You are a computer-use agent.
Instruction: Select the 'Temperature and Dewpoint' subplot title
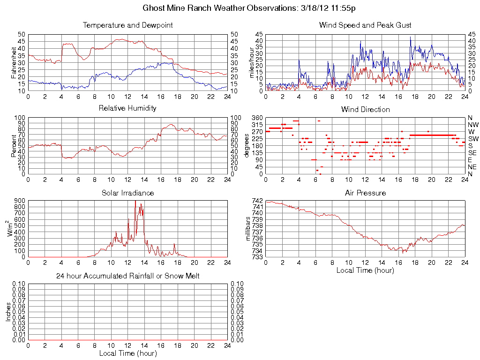127,25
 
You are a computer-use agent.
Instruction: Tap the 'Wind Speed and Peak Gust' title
365,25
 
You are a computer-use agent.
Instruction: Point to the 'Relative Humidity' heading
127,108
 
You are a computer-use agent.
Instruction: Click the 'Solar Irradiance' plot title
127,193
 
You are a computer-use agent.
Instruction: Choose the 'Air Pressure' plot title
365,193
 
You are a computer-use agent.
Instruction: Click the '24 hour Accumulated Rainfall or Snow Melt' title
127,276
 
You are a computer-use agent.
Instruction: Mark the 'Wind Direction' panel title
365,109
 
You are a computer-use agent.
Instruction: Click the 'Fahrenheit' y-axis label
14,62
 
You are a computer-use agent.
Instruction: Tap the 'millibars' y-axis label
248,229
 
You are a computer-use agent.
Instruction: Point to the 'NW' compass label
473,125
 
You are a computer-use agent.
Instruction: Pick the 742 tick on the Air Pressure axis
258,201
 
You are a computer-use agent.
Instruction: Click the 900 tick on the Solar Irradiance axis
19,201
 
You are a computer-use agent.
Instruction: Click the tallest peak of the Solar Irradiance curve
135,202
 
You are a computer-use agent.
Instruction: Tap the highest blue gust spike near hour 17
410,37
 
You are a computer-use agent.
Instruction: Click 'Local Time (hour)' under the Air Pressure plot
365,270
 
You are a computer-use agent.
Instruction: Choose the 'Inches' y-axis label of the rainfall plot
8,312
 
